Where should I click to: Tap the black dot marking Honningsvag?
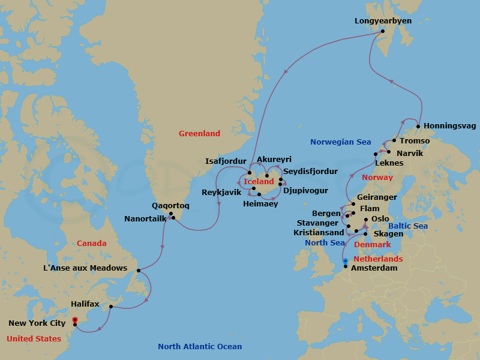(418, 127)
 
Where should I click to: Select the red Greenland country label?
(199, 133)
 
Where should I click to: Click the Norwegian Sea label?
(341, 142)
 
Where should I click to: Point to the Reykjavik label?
(221, 192)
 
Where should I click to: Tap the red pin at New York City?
(74, 320)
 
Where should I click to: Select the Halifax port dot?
(111, 307)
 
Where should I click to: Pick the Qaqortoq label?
(170, 205)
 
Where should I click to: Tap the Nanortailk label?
(145, 218)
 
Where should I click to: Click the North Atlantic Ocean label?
(200, 346)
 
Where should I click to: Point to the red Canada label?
(92, 243)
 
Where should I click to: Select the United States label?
(34, 338)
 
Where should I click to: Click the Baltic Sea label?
(408, 226)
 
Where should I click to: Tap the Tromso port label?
(414, 140)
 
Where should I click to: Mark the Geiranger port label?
(376, 197)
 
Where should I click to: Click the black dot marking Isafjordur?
(250, 173)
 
